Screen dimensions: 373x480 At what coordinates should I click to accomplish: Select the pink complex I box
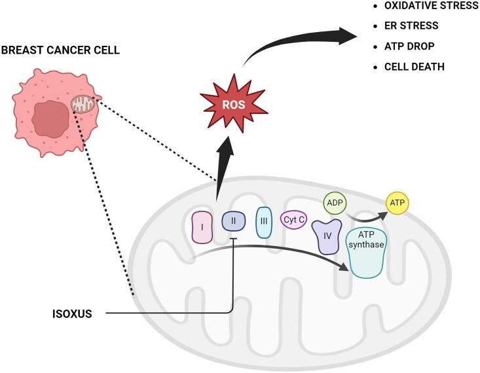point(202,226)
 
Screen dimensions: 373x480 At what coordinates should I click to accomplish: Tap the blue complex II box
point(233,222)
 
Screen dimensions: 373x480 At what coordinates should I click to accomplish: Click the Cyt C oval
point(294,221)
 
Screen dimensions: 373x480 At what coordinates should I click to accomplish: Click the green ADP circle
point(335,204)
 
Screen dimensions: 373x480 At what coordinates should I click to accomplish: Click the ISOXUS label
point(72,313)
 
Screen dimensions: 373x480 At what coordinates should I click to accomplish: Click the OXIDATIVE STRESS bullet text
point(431,7)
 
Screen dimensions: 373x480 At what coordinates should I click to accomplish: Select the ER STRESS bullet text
point(411,27)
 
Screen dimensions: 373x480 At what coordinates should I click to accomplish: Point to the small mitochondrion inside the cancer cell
point(83,103)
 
